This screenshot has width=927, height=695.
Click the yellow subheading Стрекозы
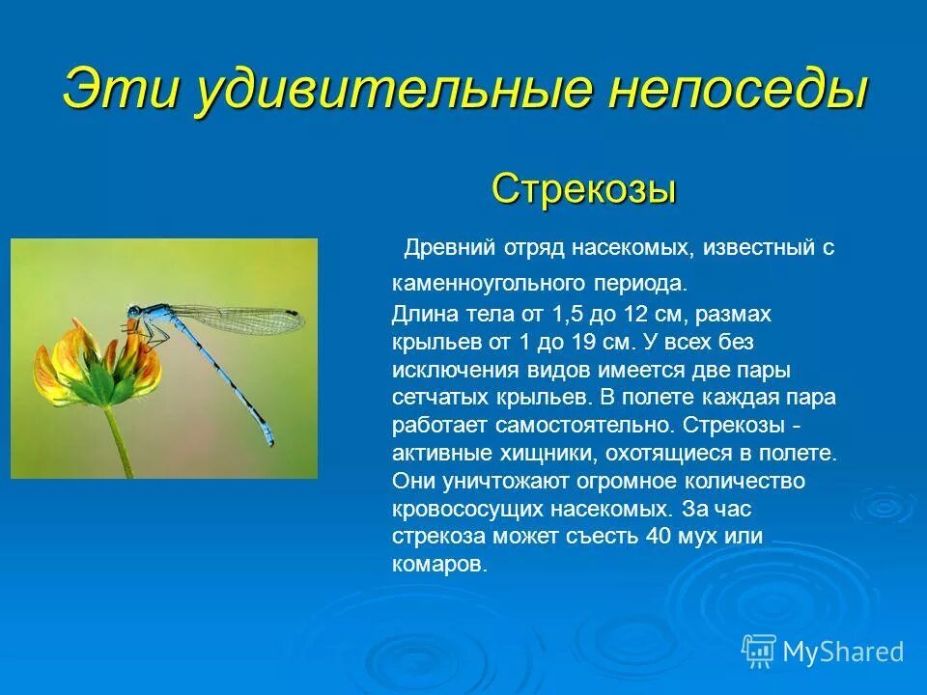[583, 187]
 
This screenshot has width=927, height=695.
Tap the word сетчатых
[434, 397]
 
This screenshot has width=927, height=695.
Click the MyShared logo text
[842, 653]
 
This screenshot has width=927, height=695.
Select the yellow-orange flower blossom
[97, 367]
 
